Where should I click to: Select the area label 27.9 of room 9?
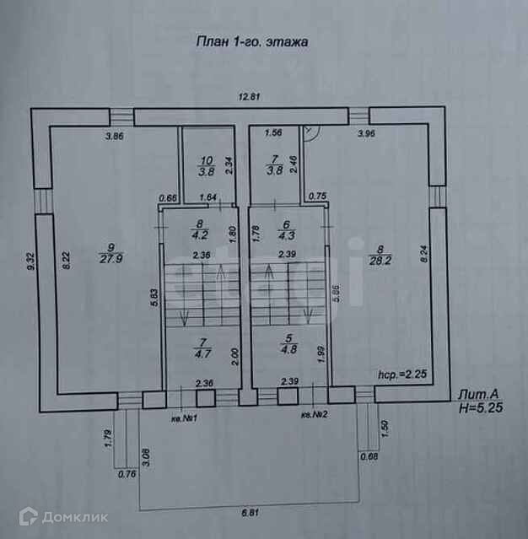(106, 259)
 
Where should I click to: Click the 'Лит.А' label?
(478, 393)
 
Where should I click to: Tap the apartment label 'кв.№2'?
(313, 415)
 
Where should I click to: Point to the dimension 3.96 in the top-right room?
(366, 134)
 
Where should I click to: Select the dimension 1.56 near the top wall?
(272, 133)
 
